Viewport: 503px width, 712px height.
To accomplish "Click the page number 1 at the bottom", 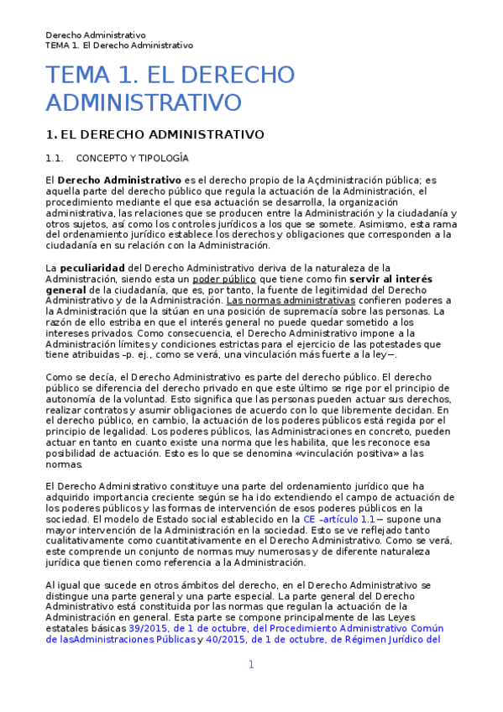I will tap(250, 665).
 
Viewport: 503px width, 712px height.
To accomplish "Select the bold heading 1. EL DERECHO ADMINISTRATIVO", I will tap(155, 134).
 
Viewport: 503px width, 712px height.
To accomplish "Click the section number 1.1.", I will tap(55, 158).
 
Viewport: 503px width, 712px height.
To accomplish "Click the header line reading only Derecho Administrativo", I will tap(96, 34).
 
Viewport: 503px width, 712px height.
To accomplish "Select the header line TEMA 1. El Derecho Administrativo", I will tap(119, 45).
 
